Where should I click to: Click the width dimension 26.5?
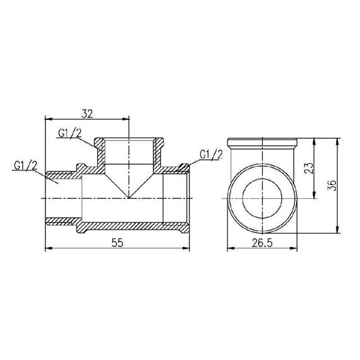264,243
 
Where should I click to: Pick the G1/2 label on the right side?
211,153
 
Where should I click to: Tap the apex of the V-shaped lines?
129,196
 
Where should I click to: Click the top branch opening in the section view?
129,152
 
